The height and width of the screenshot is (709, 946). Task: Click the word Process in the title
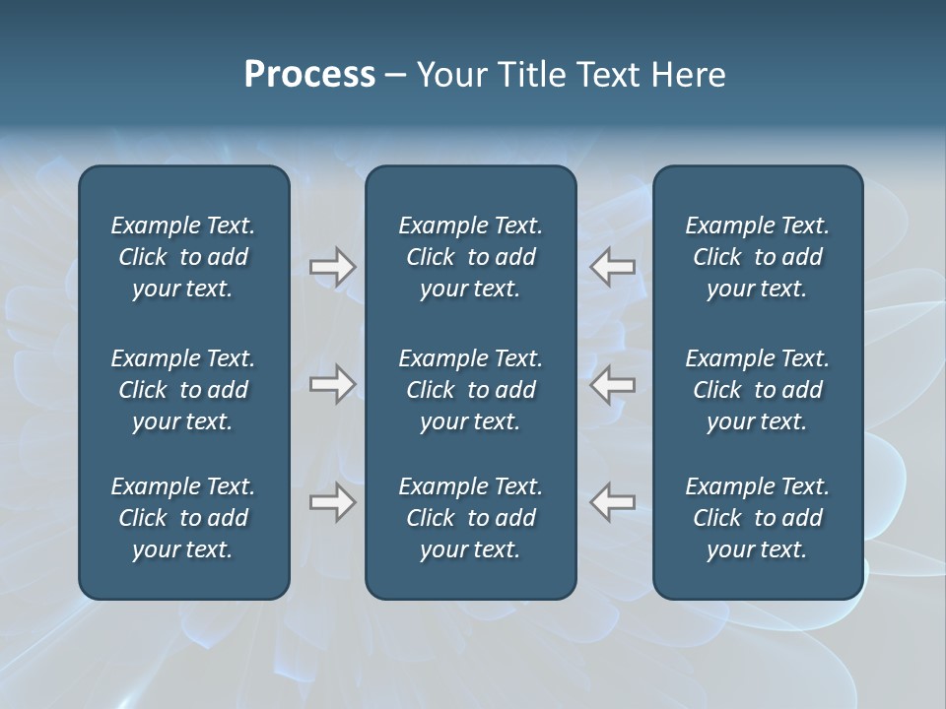coord(309,75)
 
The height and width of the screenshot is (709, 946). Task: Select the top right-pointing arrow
coord(332,267)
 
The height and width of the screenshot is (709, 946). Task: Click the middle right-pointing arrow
coord(332,384)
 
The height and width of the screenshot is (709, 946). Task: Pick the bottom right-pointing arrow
coord(332,502)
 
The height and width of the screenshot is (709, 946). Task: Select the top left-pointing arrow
coord(613,267)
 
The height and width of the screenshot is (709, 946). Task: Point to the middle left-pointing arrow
coord(613,384)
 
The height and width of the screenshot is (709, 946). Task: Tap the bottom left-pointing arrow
coord(613,502)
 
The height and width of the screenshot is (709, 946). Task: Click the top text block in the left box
coord(183,257)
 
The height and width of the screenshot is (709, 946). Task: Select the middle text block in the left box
coord(183,390)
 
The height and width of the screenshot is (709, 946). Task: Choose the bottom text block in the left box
coord(183,518)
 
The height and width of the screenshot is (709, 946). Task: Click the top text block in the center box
coord(470,257)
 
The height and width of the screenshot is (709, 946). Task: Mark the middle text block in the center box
coord(470,390)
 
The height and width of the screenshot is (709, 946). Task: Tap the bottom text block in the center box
coord(470,518)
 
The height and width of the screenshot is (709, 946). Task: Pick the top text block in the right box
coord(757,257)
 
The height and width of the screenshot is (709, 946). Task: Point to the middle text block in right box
coord(757,390)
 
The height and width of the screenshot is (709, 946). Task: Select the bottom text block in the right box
coord(757,518)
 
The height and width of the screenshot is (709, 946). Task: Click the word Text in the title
coord(607,75)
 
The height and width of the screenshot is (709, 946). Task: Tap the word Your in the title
coord(452,75)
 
